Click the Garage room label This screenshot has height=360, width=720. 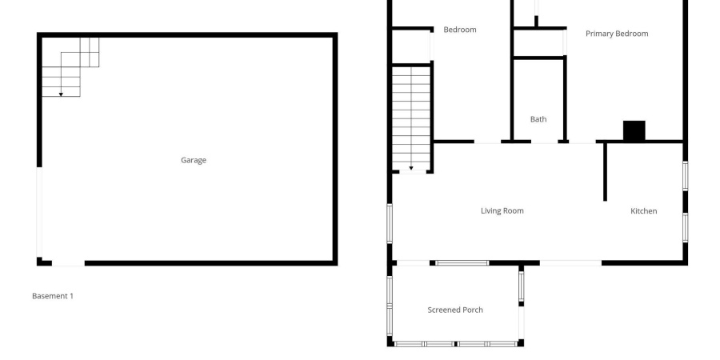193,160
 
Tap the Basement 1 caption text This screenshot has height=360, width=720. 53,296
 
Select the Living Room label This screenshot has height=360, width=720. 502,211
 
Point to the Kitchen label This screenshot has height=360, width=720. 643,211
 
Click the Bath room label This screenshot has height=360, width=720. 538,119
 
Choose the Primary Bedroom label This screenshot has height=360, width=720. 616,34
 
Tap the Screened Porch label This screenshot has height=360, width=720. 455,310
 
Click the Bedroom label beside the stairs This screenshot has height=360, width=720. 459,30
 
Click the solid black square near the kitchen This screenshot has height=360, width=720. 634,131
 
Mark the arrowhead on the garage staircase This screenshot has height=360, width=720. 61,94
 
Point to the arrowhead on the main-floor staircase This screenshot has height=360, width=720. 411,169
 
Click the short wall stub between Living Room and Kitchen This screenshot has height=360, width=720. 605,172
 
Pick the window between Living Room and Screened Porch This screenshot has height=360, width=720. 462,262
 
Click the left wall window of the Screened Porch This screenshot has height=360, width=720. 390,304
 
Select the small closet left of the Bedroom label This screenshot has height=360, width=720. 410,46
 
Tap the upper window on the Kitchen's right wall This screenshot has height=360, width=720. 685,176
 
